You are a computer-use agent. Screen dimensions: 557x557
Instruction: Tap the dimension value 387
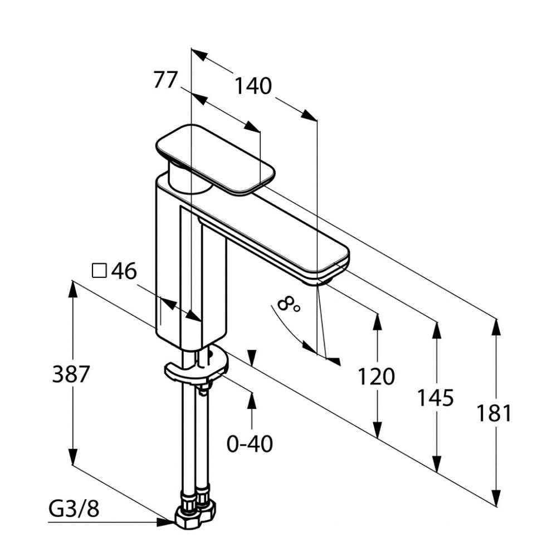(x=71, y=374)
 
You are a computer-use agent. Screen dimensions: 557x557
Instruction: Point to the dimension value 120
(x=376, y=377)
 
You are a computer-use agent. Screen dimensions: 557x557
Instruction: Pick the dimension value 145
(x=436, y=398)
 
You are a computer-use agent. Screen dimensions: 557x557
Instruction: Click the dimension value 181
(x=494, y=414)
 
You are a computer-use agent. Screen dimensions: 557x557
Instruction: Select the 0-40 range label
(x=250, y=444)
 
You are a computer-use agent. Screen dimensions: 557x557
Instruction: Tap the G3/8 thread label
(x=74, y=509)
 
